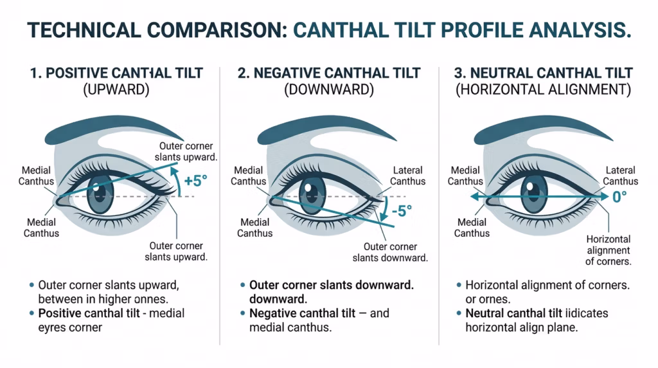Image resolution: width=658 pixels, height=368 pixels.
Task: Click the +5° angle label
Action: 196,181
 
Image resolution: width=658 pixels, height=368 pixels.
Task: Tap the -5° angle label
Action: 402,210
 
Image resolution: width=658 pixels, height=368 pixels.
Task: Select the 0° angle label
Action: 620,196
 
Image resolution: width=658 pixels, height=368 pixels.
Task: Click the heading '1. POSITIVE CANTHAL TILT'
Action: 116,73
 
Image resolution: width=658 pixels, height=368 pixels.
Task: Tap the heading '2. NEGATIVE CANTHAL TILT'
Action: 329,73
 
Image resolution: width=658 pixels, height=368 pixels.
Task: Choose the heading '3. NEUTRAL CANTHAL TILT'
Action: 544,73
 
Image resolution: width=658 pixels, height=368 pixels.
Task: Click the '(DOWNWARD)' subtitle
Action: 329,89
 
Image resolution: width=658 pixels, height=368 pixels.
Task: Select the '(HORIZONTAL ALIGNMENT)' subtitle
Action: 544,89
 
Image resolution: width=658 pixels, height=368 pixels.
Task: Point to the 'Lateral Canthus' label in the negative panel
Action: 408,176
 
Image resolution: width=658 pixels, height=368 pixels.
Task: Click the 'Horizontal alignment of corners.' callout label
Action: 609,250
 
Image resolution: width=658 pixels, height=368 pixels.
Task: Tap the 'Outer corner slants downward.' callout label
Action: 390,252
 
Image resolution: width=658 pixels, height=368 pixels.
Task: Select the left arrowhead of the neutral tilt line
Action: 474,197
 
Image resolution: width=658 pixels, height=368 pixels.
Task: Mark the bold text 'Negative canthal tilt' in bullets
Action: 302,313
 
